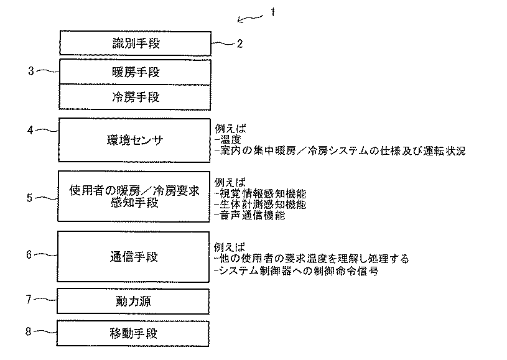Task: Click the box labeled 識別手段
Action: point(135,44)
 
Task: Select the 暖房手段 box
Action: point(135,72)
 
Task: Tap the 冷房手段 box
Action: point(135,97)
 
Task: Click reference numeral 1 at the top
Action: point(272,12)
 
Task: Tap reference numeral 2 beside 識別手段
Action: point(240,44)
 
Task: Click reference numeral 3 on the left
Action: point(30,70)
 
